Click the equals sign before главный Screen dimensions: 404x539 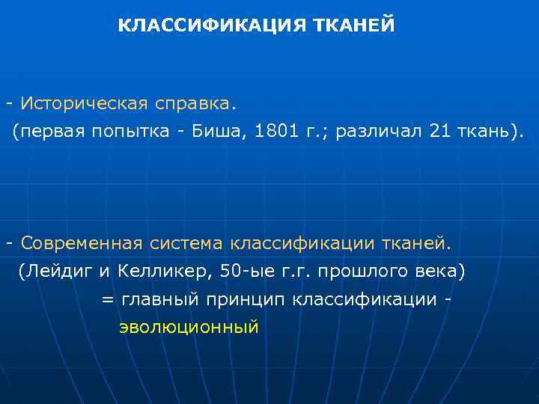click(107, 300)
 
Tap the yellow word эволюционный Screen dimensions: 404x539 click(189, 327)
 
